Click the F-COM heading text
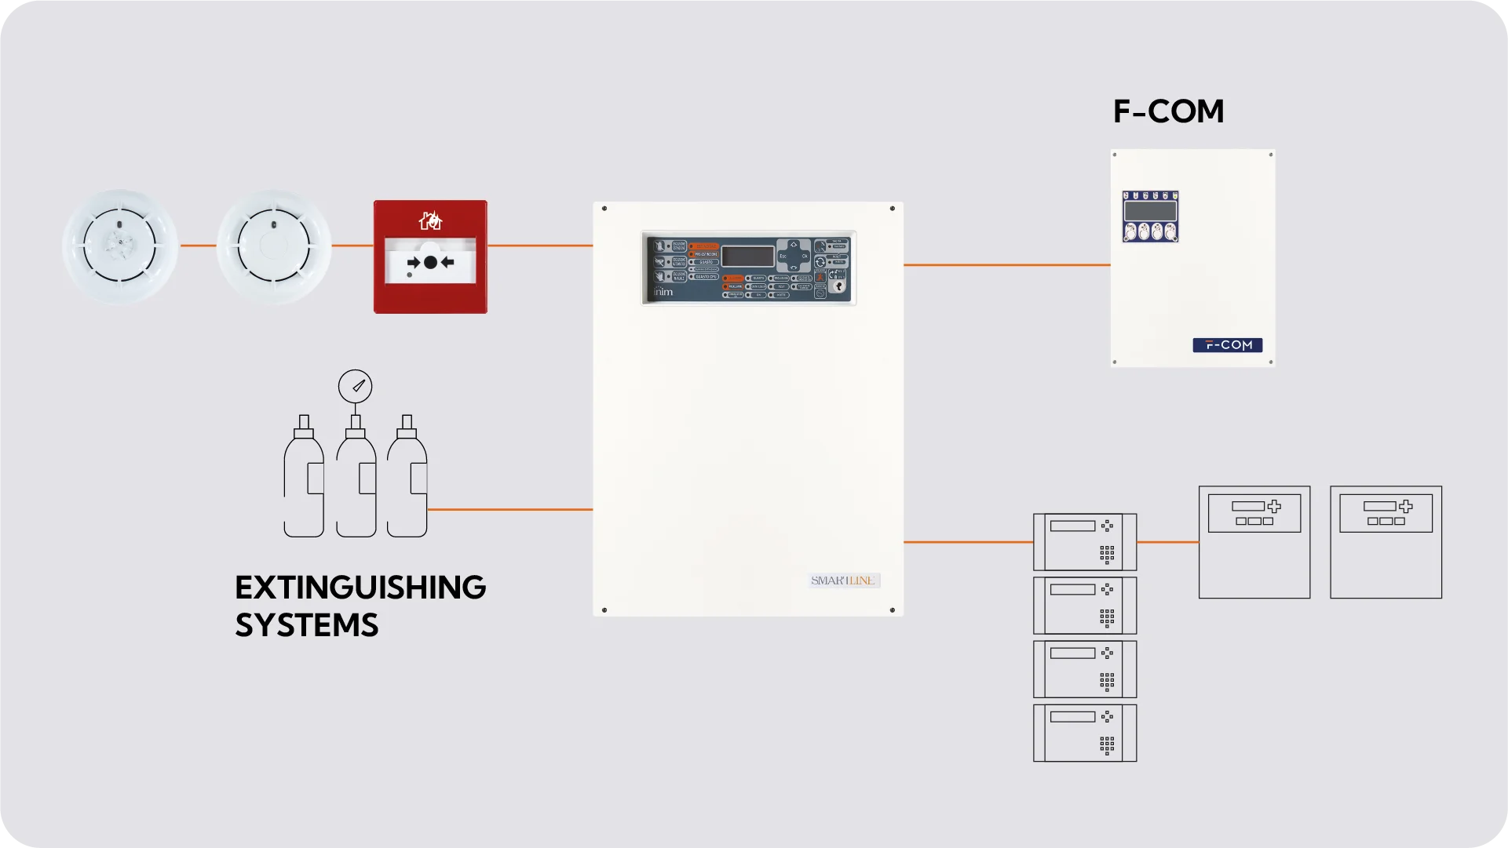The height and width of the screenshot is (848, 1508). click(x=1168, y=111)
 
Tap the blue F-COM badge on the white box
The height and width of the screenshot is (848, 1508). click(x=1227, y=345)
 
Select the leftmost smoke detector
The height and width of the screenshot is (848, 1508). click(x=120, y=246)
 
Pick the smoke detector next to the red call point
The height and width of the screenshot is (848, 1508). click(x=274, y=246)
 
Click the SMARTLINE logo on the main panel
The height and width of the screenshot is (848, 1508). click(x=843, y=580)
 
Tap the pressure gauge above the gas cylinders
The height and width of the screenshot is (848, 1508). click(x=356, y=386)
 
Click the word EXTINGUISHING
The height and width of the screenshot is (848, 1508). click(x=360, y=588)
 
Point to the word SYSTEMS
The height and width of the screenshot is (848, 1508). click(x=307, y=625)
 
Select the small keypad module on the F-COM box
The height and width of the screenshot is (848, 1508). click(x=1150, y=217)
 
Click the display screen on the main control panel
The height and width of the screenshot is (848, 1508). click(x=747, y=257)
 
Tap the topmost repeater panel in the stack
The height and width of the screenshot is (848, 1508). click(x=1085, y=542)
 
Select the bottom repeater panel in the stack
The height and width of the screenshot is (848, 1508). click(x=1085, y=733)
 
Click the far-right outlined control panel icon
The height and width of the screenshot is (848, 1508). click(x=1386, y=542)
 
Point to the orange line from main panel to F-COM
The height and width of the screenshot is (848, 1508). click(x=1006, y=265)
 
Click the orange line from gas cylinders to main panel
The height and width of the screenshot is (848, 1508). click(x=510, y=510)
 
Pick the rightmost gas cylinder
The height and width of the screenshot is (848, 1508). click(x=407, y=482)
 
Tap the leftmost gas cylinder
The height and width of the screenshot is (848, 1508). click(x=304, y=482)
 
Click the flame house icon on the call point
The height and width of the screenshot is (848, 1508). click(x=430, y=221)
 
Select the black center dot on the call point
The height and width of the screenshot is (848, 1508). click(x=430, y=263)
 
